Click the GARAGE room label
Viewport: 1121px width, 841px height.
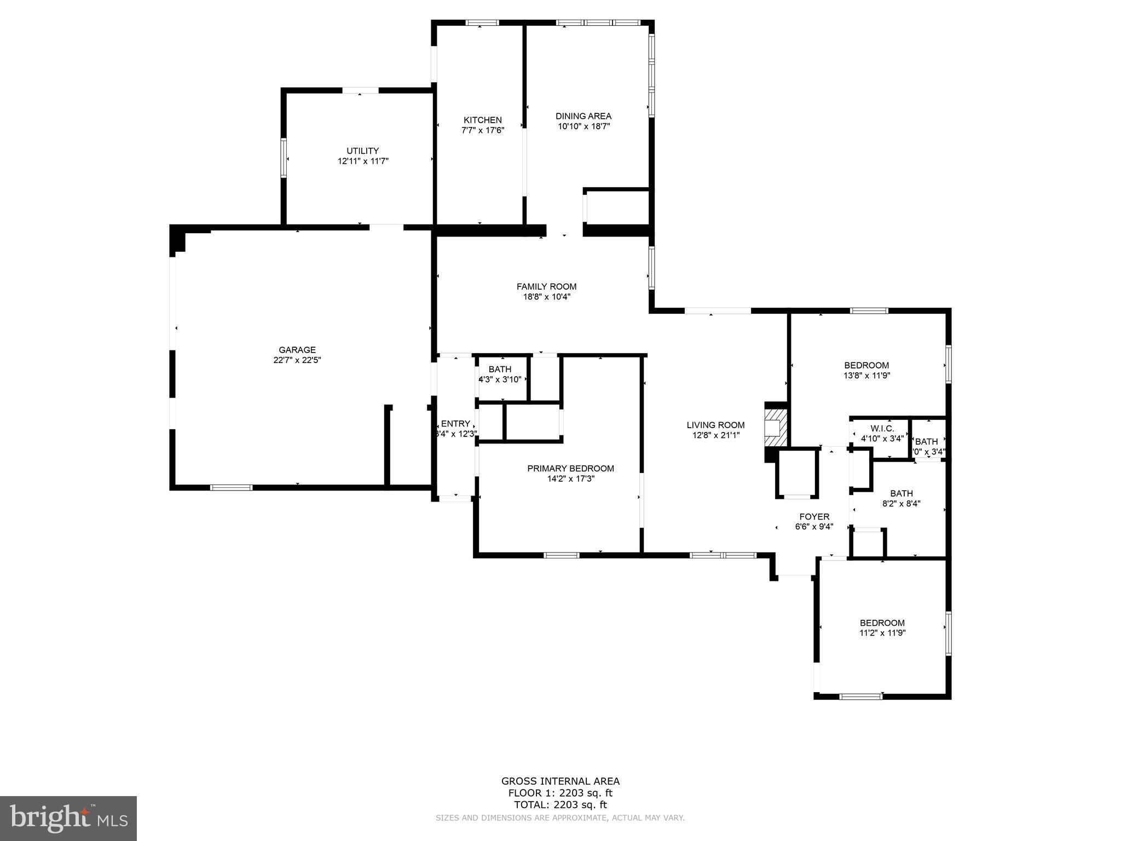297,350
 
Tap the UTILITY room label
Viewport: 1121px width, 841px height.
362,151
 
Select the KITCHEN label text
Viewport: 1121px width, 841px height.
482,120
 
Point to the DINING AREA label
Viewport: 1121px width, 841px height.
583,116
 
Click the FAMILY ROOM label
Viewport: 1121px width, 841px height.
546,286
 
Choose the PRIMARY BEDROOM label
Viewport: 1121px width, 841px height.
570,468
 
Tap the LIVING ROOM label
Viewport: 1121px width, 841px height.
715,425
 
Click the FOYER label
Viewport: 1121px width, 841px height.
814,516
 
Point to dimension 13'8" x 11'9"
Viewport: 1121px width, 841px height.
866,376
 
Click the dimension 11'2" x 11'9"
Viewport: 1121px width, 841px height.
882,633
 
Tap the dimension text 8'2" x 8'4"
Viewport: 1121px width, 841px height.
901,504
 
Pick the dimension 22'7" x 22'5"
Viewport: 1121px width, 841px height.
297,360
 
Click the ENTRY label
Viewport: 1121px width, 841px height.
455,423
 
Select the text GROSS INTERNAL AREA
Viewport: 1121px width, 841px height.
560,781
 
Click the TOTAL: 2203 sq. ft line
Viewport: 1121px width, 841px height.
560,804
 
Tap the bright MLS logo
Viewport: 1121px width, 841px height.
68,817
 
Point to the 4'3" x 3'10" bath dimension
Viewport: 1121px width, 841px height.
500,379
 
